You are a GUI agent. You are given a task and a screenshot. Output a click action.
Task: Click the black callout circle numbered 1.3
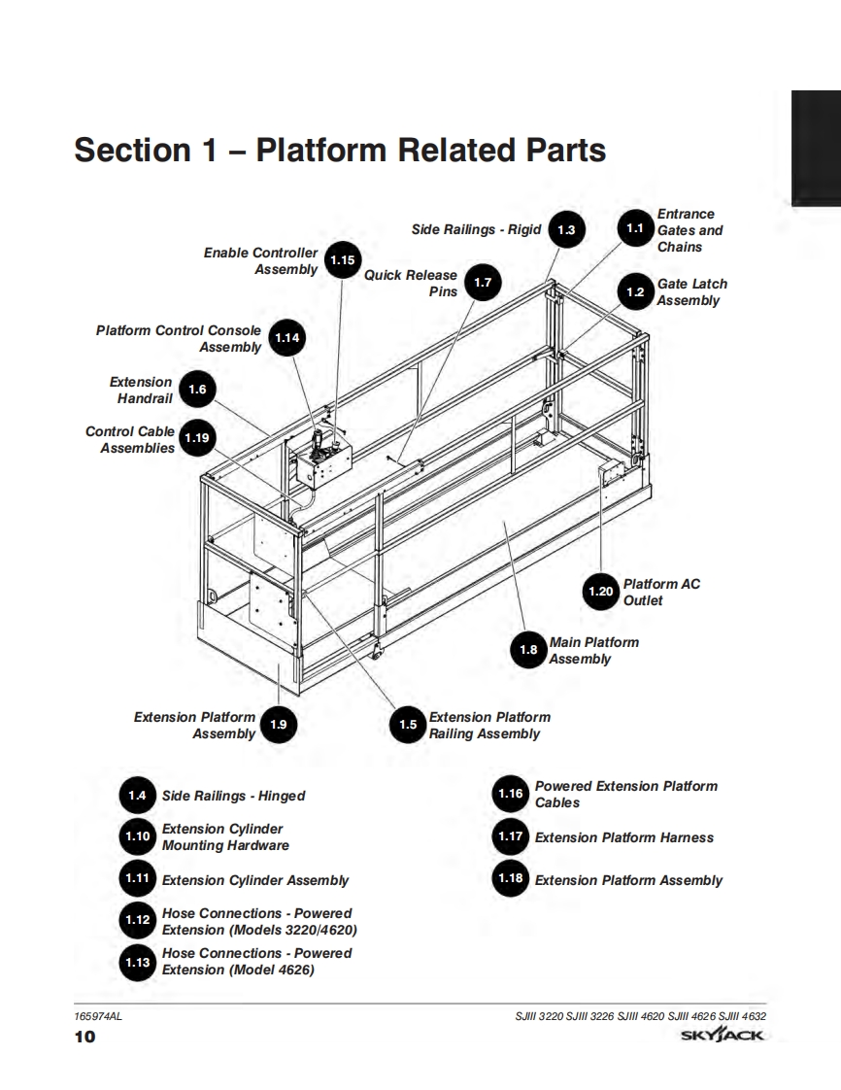(567, 230)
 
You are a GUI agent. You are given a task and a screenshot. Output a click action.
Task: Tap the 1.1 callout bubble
(635, 229)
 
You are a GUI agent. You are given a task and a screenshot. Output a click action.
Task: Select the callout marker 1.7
(483, 283)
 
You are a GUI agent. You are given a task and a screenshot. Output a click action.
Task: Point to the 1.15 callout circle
(343, 260)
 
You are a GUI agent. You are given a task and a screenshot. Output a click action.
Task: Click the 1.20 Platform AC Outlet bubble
(601, 592)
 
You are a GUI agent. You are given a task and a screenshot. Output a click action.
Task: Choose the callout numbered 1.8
(529, 650)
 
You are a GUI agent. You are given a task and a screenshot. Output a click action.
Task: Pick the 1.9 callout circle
(278, 725)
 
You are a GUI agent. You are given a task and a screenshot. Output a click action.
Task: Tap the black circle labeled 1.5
(408, 725)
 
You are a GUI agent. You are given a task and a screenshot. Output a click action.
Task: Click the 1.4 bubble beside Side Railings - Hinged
(137, 796)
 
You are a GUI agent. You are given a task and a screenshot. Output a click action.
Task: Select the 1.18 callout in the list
(510, 879)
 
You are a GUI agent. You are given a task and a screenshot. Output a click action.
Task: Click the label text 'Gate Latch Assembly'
(690, 292)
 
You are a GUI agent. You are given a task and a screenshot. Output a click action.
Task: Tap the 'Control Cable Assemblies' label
(131, 439)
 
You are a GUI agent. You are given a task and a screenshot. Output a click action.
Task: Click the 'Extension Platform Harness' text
(623, 837)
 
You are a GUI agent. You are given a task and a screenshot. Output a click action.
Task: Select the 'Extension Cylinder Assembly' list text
(254, 880)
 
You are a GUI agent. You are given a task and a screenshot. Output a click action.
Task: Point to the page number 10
(85, 1038)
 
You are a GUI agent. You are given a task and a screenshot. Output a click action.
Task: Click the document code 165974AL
(98, 1016)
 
